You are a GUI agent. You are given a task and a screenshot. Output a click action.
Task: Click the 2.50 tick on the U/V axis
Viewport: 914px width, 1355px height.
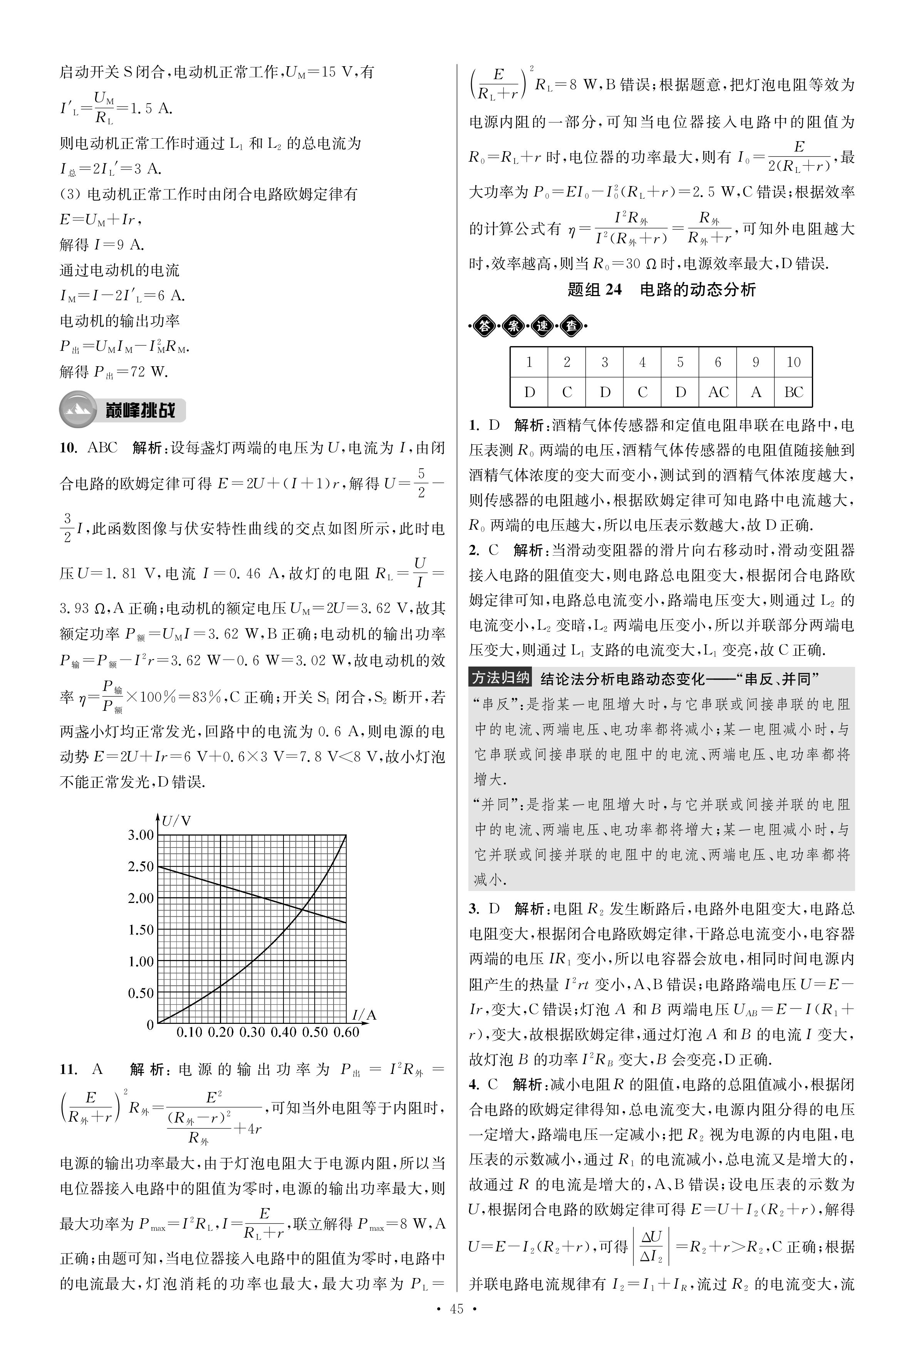coord(141,867)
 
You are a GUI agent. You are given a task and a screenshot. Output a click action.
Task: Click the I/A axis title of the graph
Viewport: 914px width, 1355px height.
coord(365,1015)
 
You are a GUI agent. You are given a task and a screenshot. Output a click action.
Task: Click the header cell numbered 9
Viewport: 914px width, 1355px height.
coord(755,362)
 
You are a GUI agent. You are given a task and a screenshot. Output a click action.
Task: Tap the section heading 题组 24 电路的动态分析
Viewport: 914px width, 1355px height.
coord(662,290)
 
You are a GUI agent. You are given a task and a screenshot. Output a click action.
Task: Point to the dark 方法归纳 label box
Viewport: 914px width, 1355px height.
coord(500,678)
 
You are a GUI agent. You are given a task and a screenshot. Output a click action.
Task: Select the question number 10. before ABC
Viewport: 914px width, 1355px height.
coord(69,447)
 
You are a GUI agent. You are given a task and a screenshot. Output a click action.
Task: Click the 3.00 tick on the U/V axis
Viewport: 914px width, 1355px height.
coord(141,835)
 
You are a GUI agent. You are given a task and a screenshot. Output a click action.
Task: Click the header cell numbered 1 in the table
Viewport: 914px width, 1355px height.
coord(529,362)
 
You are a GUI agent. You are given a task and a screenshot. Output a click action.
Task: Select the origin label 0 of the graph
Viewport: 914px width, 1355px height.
coord(150,1024)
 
